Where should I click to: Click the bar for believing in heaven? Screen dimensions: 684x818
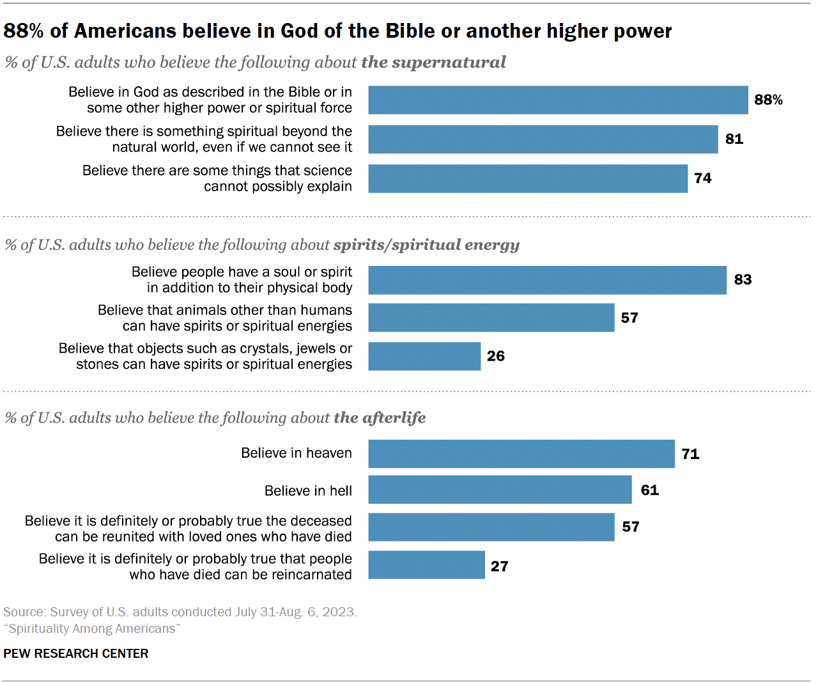(x=521, y=454)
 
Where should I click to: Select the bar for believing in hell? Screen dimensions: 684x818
(x=500, y=490)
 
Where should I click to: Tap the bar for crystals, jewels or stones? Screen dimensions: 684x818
(x=424, y=356)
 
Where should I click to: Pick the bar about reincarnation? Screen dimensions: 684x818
(x=426, y=565)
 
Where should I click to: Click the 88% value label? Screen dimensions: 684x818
(x=768, y=100)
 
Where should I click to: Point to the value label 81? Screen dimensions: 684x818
(x=734, y=139)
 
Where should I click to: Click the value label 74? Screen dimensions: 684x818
(x=702, y=178)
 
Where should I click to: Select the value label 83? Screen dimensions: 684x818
(x=743, y=279)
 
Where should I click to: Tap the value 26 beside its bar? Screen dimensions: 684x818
(x=495, y=356)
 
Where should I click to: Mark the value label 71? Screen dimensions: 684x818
(x=690, y=454)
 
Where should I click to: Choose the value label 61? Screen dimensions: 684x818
(x=649, y=490)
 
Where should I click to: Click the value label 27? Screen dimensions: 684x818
(x=499, y=566)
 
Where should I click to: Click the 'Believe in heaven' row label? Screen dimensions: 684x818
(x=297, y=453)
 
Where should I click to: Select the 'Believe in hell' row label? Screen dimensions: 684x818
(x=308, y=491)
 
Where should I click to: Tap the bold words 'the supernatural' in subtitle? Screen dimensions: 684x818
(x=433, y=62)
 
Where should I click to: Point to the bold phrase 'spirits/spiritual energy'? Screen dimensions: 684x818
(x=426, y=245)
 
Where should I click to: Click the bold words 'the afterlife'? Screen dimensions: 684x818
(x=380, y=417)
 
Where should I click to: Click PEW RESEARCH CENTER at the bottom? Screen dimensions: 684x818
(x=76, y=653)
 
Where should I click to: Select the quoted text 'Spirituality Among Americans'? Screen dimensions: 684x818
(x=92, y=628)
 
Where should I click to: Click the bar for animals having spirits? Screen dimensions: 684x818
(x=491, y=318)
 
